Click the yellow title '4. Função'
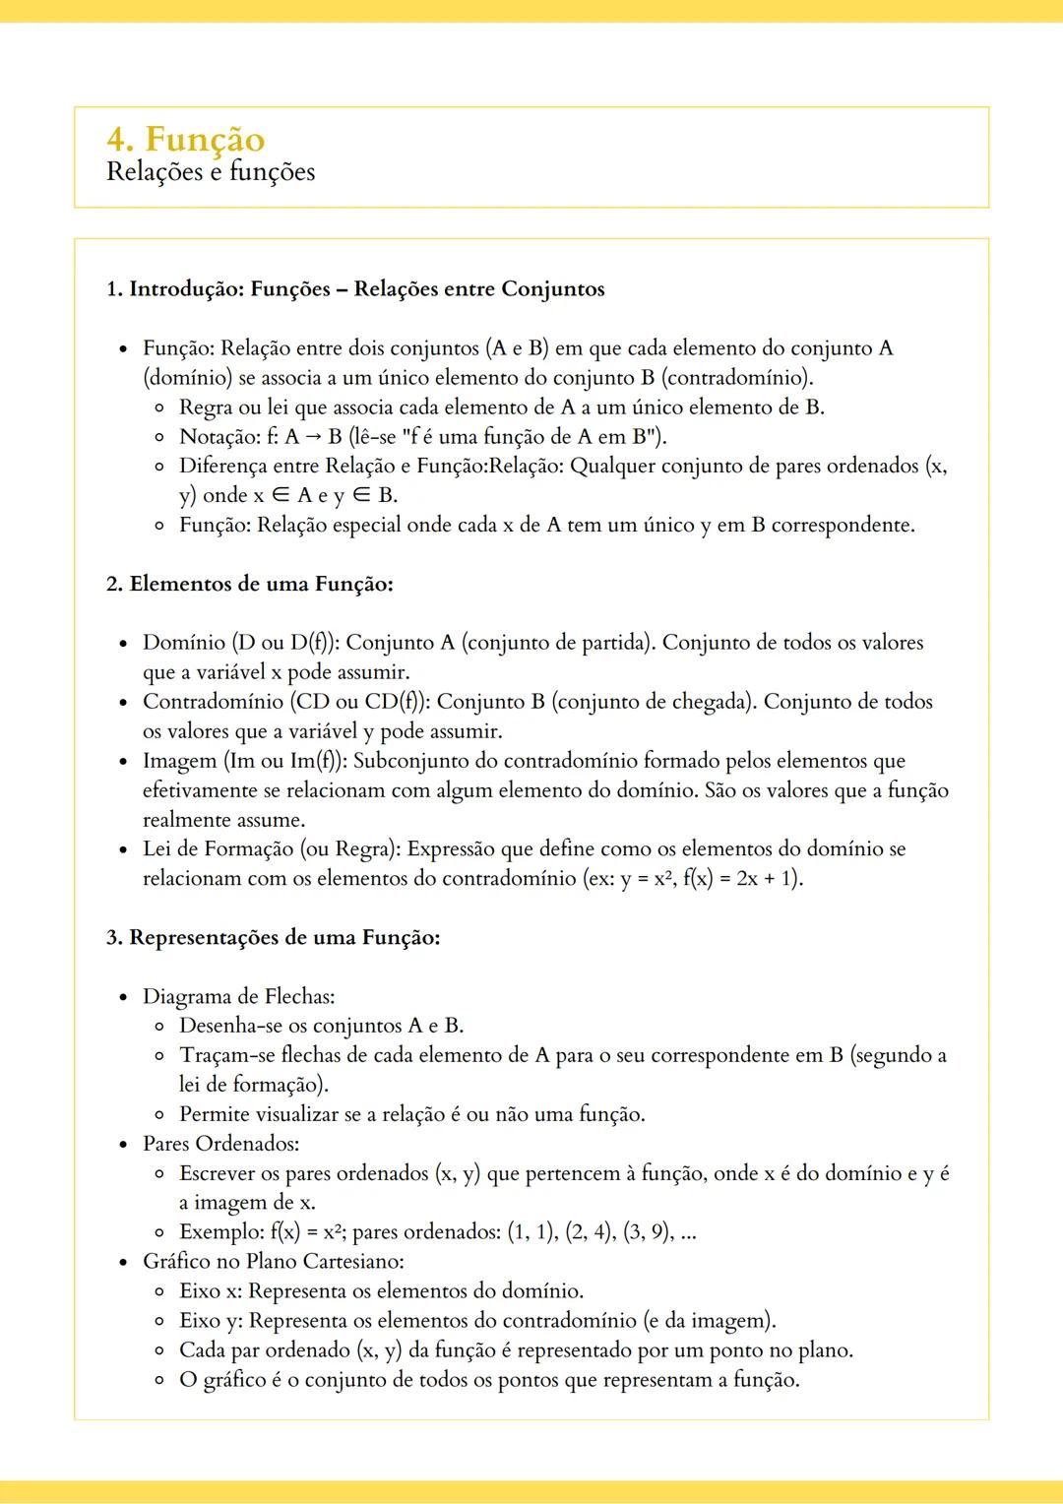186,139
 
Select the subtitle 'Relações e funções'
211,172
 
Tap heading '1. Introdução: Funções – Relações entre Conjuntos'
355,289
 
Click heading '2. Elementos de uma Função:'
250,584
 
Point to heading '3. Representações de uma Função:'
274,937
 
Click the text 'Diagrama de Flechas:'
238,996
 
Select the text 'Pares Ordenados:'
220,1144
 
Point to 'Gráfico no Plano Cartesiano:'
273,1262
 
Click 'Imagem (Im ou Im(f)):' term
245,761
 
